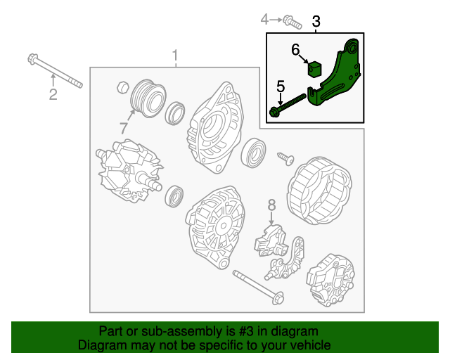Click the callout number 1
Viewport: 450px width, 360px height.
(175, 56)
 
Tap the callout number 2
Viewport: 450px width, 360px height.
(53, 94)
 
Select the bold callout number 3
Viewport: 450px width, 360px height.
(316, 21)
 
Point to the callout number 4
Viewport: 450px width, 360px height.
(264, 20)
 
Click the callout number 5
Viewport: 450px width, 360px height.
(281, 86)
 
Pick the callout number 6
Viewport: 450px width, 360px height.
(295, 49)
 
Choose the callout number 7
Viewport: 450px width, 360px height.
(124, 128)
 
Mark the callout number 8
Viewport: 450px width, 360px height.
(271, 205)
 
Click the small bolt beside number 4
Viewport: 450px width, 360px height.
(292, 22)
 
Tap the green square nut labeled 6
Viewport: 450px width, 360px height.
(314, 69)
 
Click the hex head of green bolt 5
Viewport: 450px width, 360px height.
(274, 112)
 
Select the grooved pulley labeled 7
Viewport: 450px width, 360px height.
(148, 98)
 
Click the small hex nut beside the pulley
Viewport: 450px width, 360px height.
(124, 87)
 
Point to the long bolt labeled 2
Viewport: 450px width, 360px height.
(55, 70)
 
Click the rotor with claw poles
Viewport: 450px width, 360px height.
(129, 172)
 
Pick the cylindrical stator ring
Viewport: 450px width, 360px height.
(319, 191)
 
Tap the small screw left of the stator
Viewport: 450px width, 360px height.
(286, 158)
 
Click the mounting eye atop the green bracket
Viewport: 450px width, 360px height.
(352, 47)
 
